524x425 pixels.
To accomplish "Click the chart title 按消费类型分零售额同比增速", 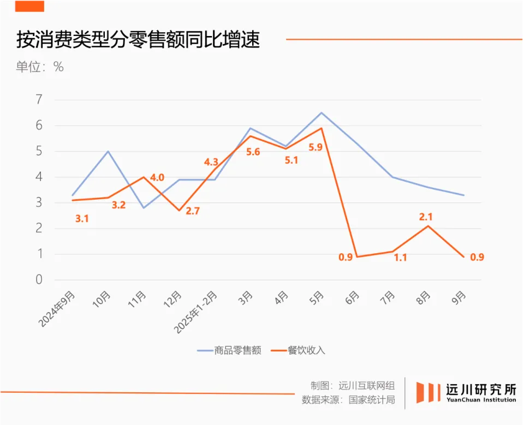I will coord(138,40).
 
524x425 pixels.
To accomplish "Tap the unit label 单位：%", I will coord(39,67).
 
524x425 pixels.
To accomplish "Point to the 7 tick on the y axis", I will coord(39,100).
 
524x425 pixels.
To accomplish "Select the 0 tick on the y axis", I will coord(39,280).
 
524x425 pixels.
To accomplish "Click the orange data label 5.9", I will coord(315,148).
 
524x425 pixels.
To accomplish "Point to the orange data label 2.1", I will coord(425,217).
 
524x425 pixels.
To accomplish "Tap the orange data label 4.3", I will coord(211,162).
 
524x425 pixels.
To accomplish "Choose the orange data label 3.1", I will coord(82,219).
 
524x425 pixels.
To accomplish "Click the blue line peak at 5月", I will coord(321,113).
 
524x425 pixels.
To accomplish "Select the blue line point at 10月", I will coord(108,151).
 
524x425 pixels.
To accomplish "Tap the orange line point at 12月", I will coord(179,211).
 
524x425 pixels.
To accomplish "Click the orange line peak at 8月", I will coord(428,226).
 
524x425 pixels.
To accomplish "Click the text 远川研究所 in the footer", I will coord(481,390).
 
